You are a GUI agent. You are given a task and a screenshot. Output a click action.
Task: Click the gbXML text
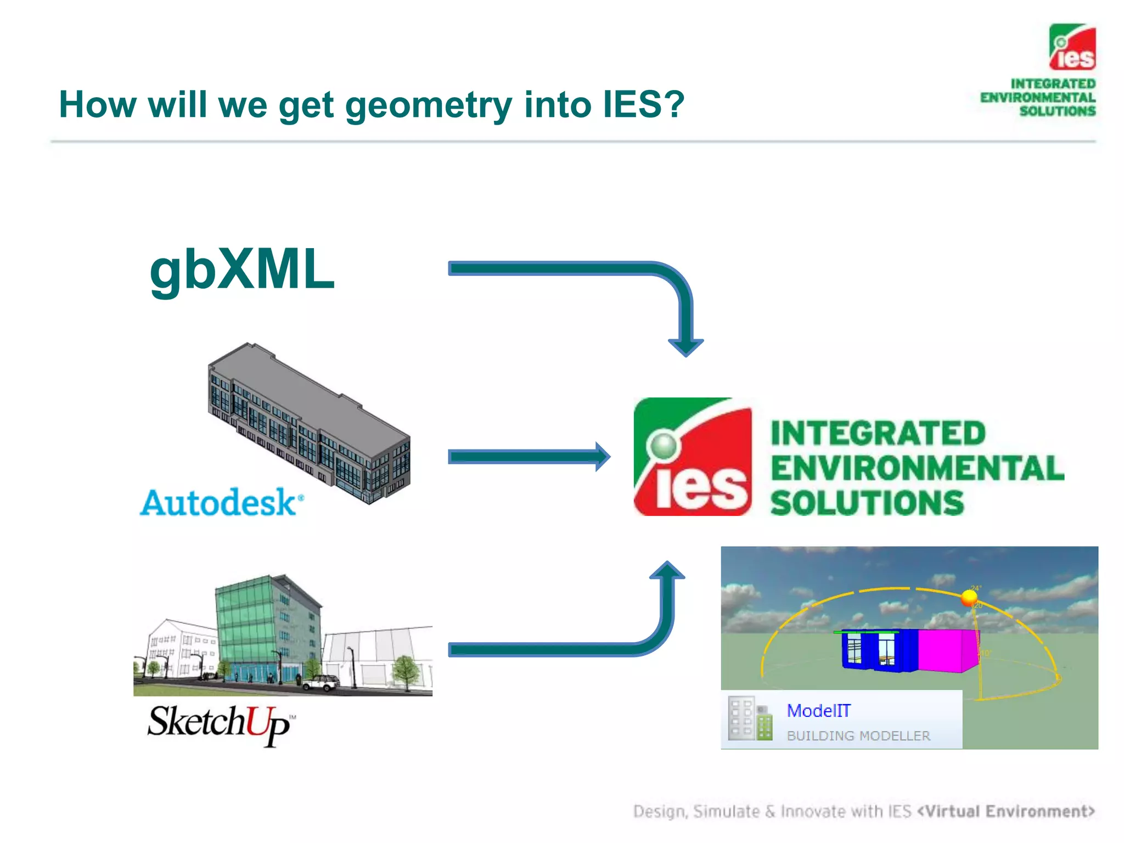(x=241, y=270)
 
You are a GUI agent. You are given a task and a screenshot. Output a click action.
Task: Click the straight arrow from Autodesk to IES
(x=527, y=457)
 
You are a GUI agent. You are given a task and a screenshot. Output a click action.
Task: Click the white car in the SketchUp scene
(x=321, y=683)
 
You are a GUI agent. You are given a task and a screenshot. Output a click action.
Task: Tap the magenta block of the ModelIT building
(x=947, y=650)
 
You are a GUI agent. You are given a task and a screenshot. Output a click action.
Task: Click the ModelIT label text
(x=818, y=711)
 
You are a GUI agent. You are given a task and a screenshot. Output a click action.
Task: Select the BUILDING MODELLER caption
(x=858, y=735)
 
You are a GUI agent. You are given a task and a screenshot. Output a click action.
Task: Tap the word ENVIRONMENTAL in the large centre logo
(x=917, y=468)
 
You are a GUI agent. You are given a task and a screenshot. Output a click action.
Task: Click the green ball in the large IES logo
(x=664, y=445)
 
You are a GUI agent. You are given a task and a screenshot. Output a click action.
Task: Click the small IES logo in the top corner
(x=1072, y=47)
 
